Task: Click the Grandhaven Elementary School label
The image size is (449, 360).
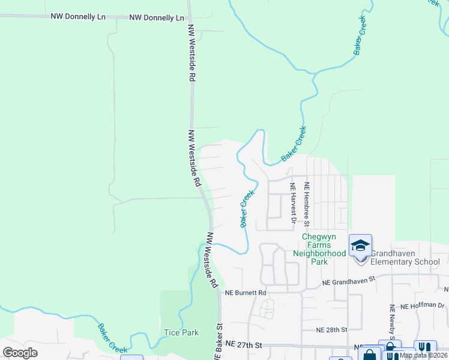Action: pos(405,257)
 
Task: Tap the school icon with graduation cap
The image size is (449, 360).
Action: pos(361,245)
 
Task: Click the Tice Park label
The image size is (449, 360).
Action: pos(181,332)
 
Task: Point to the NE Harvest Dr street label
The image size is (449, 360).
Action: pos(294,203)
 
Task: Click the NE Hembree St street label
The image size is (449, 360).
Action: pos(307,205)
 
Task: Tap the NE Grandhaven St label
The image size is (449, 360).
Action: pos(348,280)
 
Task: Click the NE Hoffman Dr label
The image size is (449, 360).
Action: pos(424,306)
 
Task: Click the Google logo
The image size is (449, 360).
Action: pos(20,352)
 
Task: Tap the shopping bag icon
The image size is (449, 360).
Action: pos(370,355)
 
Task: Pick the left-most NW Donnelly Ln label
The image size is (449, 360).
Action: pos(78,16)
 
